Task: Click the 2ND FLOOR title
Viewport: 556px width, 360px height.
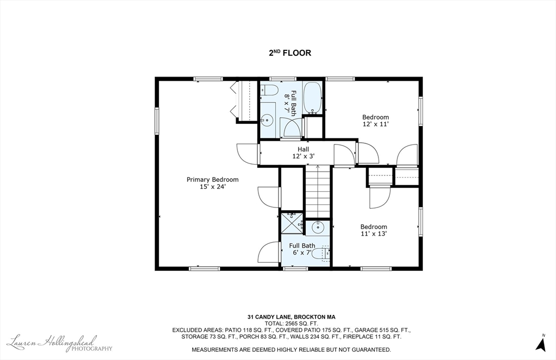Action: tap(290, 53)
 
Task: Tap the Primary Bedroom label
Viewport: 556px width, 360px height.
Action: tap(212, 180)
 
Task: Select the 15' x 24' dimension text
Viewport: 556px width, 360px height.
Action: tap(213, 187)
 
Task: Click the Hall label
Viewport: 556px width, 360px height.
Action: tap(303, 149)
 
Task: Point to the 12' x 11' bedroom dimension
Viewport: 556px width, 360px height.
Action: tap(376, 124)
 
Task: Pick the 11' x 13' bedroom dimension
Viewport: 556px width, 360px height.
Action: tap(374, 233)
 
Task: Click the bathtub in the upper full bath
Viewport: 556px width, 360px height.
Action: tap(312, 98)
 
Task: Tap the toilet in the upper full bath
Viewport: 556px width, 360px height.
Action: tap(269, 91)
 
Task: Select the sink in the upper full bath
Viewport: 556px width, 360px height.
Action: tap(267, 120)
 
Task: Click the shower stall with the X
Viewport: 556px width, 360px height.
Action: tap(292, 223)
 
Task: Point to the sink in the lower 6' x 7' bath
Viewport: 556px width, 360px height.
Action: tap(318, 227)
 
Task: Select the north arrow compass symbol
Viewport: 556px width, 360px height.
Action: tap(541, 343)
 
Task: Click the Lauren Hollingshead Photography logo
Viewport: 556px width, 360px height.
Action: tap(59, 343)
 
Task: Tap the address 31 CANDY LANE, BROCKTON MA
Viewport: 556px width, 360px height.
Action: tap(292, 317)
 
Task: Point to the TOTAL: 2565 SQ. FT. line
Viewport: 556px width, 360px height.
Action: tap(292, 324)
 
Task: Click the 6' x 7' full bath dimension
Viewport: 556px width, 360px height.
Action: tap(302, 253)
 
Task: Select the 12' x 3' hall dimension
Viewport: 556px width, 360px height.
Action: tap(303, 156)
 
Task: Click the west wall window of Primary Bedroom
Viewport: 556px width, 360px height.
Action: tap(156, 121)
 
